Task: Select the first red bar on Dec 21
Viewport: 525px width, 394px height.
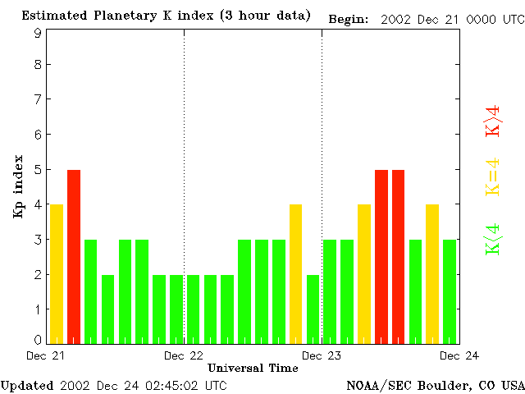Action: point(74,255)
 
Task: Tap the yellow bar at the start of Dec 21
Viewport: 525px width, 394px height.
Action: point(57,273)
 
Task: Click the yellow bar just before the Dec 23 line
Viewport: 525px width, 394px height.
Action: point(296,273)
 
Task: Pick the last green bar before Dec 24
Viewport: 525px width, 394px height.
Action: point(450,290)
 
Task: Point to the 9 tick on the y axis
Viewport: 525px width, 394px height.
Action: point(38,34)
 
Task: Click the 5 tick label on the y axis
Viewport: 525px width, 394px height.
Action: point(38,170)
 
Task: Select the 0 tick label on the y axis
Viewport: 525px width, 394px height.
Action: point(38,340)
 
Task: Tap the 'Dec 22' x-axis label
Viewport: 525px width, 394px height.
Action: point(184,355)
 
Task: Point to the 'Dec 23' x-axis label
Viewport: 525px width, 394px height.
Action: point(322,355)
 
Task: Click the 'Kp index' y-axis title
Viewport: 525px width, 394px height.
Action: point(18,186)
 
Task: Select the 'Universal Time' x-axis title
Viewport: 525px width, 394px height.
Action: point(253,368)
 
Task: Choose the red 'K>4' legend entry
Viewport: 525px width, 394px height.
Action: point(493,121)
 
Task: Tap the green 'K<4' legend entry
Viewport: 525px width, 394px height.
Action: point(493,240)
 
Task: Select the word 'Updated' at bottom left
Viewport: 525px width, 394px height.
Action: point(27,385)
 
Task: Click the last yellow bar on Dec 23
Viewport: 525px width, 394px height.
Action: point(432,273)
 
